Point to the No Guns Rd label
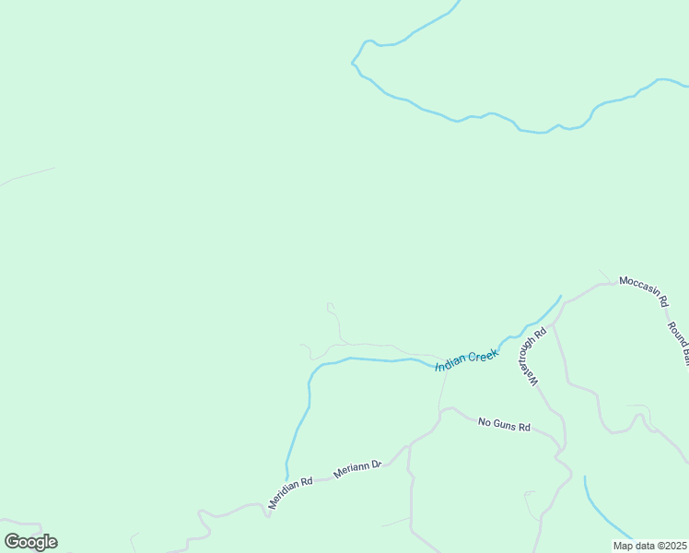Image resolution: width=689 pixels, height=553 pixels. (505, 425)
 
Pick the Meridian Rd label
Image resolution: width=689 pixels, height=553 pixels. (290, 492)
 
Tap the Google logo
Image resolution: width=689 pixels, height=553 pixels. (30, 542)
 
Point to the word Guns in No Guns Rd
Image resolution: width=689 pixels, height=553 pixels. (506, 425)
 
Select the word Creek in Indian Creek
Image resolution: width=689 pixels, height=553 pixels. (482, 354)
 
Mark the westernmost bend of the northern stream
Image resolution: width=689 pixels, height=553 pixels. (353, 63)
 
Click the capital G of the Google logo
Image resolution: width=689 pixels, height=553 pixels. (13, 542)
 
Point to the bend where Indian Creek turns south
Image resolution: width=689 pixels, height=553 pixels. (313, 372)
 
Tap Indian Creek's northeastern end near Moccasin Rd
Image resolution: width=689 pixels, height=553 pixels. (560, 296)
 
